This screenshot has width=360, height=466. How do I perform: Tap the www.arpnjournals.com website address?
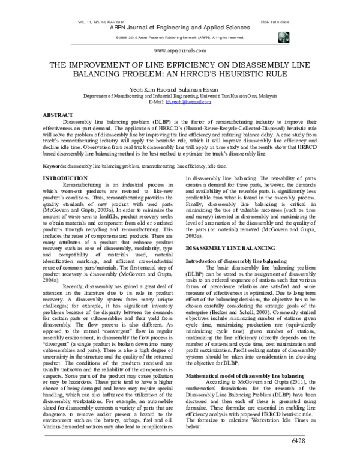point(180,52)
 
